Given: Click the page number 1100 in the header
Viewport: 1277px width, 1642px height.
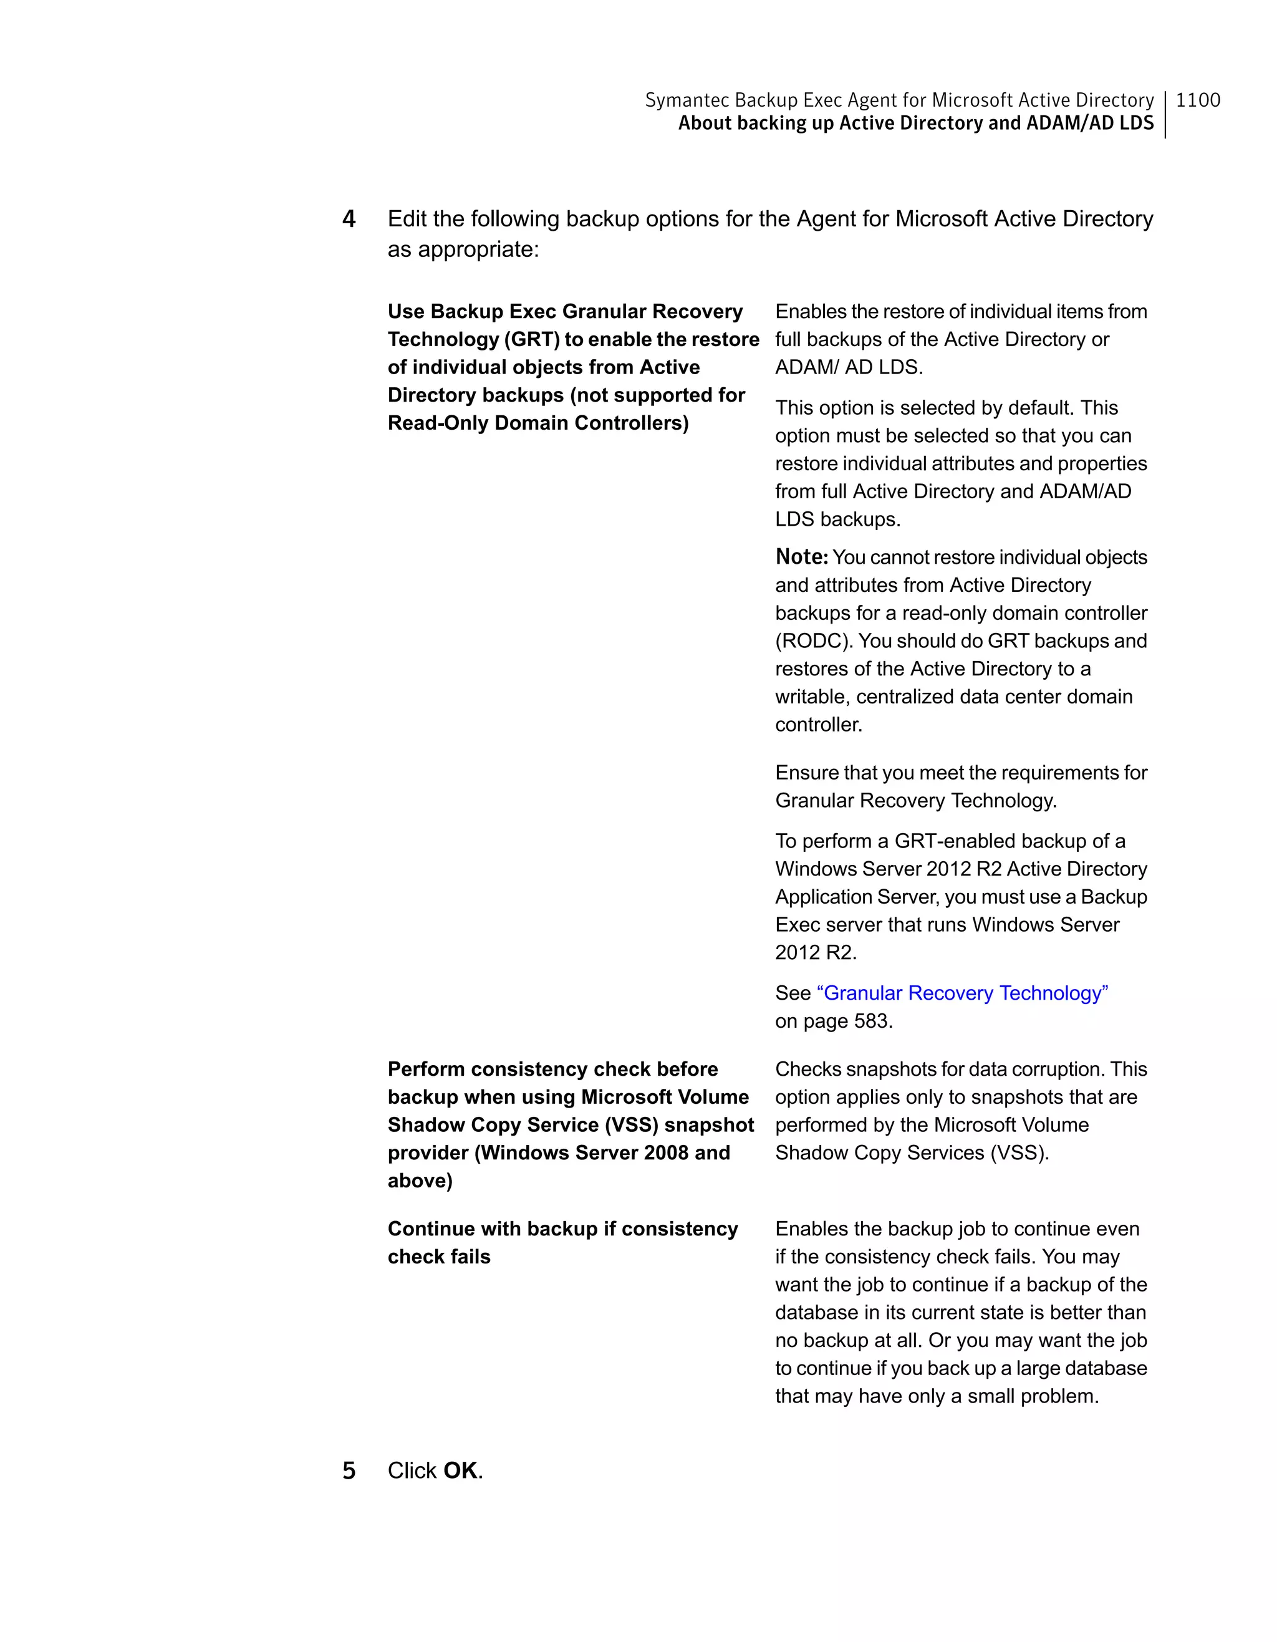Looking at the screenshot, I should [1197, 100].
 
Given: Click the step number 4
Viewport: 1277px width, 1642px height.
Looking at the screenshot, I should [349, 219].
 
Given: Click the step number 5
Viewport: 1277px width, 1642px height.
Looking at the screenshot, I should [349, 1471].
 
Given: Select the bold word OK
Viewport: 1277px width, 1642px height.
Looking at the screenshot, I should [460, 1471].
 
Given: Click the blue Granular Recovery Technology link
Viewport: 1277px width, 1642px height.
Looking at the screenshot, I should [962, 993].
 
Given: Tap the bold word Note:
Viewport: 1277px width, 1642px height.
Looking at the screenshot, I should [801, 557].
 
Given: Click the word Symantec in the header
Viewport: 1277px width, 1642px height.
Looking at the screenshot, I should [687, 100].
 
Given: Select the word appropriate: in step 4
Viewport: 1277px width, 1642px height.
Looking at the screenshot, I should [478, 249].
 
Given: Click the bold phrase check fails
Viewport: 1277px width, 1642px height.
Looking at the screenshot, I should [439, 1257].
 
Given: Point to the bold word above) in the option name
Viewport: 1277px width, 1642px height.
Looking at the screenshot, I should [420, 1181].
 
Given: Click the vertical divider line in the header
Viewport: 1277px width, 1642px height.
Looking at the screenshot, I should [1165, 114].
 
